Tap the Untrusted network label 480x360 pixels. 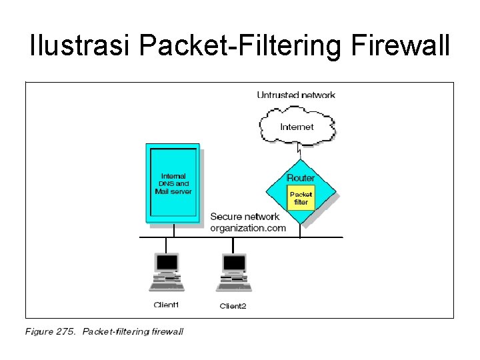[x=296, y=95]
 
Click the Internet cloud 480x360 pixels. [x=297, y=127]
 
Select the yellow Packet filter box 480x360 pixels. [x=301, y=198]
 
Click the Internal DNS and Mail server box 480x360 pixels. [x=173, y=183]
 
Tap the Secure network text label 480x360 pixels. [x=245, y=217]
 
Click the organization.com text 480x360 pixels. [x=247, y=228]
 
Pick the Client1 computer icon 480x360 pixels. [x=166, y=272]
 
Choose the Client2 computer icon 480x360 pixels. [x=233, y=272]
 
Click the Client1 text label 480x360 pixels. [x=166, y=305]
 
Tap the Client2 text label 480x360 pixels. [x=233, y=306]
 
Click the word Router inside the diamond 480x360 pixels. [x=301, y=178]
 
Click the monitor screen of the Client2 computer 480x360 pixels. [x=234, y=263]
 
